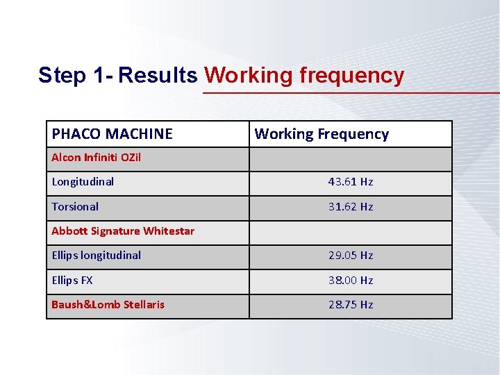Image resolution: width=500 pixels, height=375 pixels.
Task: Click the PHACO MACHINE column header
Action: coord(112,134)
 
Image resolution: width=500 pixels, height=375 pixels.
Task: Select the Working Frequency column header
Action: coord(322,134)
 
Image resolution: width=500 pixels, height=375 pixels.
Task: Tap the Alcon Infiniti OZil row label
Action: coord(96,158)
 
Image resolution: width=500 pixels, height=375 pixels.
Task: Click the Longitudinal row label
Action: coord(83,182)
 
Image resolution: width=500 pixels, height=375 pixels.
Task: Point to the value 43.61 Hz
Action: coord(351,182)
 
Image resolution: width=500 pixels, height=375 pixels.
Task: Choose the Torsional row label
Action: coord(75,207)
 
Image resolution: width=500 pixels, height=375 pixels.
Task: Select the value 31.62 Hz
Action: coord(351,207)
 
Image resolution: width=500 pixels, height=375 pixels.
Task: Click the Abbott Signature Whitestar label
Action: coord(123,231)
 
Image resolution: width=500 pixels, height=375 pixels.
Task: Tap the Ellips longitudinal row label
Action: coord(96,256)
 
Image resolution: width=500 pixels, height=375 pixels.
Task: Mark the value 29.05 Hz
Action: coord(351,256)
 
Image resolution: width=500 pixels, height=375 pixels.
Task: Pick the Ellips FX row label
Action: coord(72,281)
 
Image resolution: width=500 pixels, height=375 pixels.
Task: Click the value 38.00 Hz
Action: coord(351,281)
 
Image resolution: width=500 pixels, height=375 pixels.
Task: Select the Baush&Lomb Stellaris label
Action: coord(108,305)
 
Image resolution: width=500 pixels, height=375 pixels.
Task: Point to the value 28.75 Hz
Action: coord(351,305)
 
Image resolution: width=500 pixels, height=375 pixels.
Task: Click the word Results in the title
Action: coord(158,75)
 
